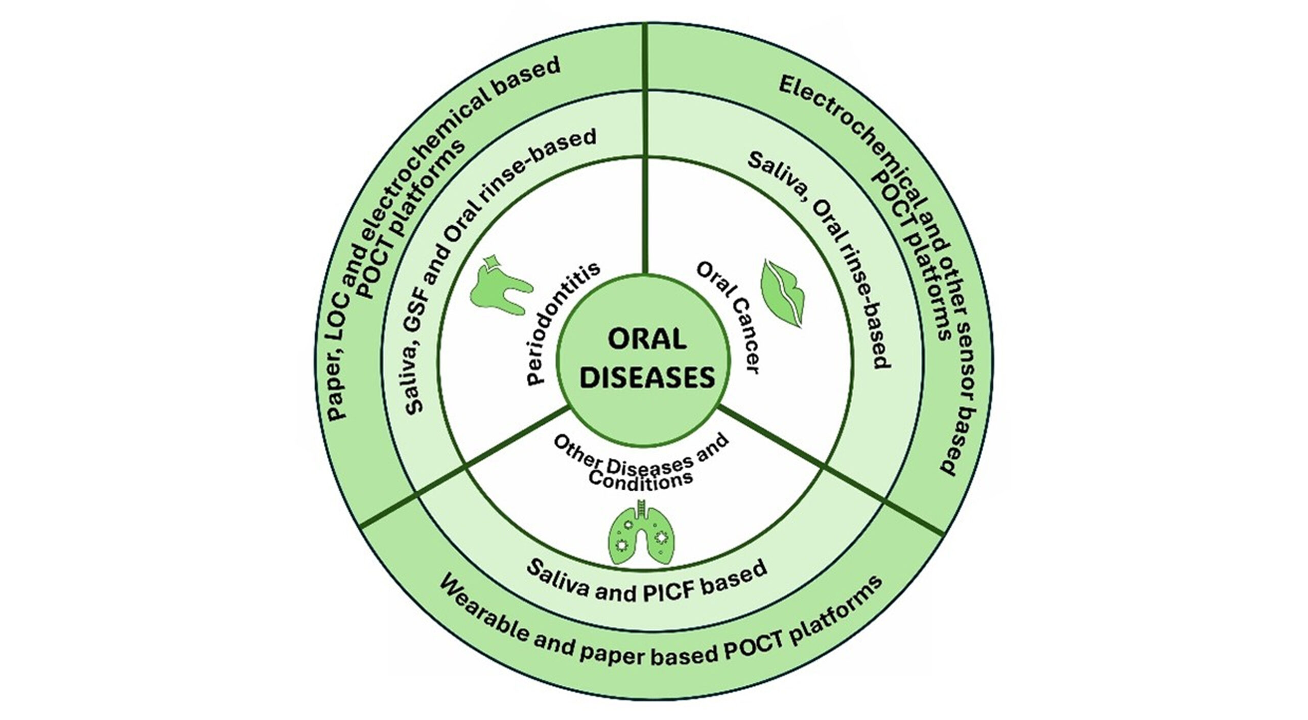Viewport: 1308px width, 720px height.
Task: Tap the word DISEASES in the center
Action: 648,378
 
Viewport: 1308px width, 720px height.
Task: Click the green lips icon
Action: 782,294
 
